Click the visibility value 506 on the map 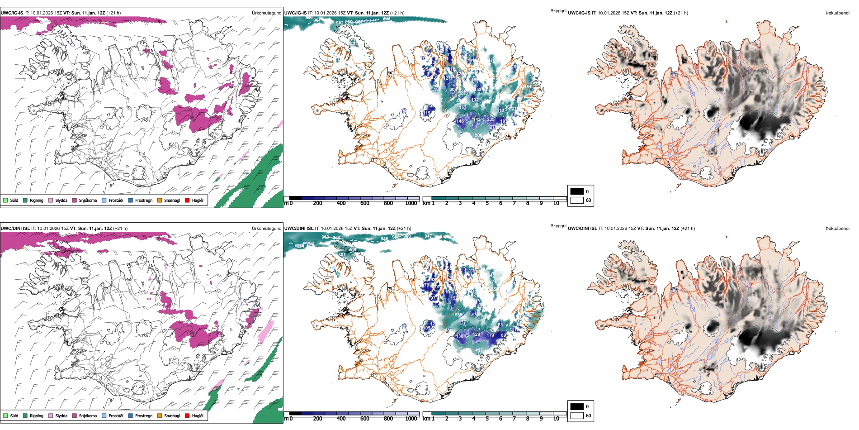(478, 135)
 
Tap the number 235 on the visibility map (491, 119)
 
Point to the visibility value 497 (479, 350)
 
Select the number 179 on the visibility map (491, 335)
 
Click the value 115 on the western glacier (427, 113)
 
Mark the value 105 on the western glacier (426, 328)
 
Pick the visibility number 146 (460, 121)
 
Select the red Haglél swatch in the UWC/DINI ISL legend (187, 416)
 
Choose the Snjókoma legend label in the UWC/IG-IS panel (88, 200)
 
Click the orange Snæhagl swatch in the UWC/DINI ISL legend (160, 416)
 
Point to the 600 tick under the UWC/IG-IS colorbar (364, 203)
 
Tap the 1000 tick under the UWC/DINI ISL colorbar (411, 419)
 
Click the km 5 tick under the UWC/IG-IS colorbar (487, 203)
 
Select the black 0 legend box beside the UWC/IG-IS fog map (577, 191)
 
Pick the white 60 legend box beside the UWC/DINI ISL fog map (577, 416)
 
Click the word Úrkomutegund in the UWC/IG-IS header (266, 13)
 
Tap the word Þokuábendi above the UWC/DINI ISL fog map (837, 228)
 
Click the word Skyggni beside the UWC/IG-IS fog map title (558, 10)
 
